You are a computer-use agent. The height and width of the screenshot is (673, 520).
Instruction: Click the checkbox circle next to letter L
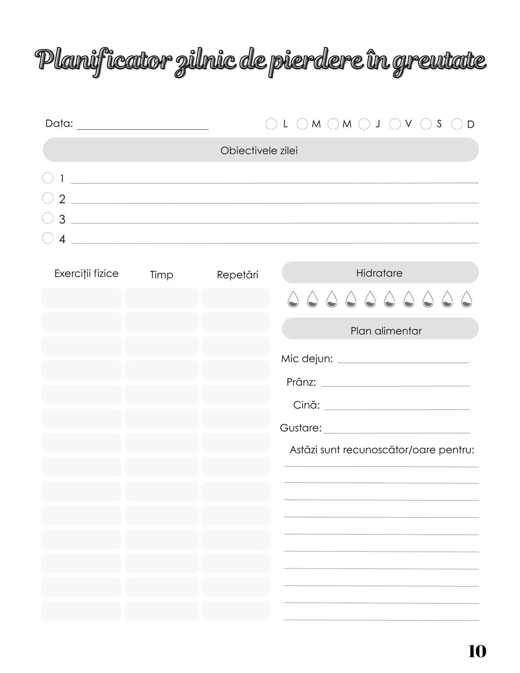pos(271,124)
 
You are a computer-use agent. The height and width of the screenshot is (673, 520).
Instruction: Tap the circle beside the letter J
pos(364,124)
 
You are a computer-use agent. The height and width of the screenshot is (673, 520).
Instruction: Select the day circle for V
pos(395,124)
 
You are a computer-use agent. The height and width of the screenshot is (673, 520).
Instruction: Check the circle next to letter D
pos(457,124)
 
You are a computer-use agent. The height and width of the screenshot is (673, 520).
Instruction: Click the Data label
pos(59,124)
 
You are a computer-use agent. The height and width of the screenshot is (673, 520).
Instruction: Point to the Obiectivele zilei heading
pos(259,150)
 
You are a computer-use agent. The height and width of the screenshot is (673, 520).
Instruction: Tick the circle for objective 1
pos(48,178)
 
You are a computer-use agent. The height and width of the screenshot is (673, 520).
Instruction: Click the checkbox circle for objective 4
pos(48,238)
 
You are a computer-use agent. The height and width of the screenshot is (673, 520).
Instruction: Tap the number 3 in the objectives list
pos(62,219)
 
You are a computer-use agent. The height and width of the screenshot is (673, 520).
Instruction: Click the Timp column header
pos(162,275)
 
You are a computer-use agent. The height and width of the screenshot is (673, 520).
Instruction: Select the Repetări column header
pos(238,275)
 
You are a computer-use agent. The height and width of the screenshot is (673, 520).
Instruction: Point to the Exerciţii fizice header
pos(86,274)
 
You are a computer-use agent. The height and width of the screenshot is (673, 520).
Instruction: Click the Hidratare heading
pos(379,273)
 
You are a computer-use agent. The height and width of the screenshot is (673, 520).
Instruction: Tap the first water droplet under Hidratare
pos(293,299)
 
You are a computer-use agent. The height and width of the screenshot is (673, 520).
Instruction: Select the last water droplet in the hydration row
pos(466,299)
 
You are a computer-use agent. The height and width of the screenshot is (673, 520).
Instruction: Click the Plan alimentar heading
pos(386,331)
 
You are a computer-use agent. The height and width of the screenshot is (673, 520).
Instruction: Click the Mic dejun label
pos(307,359)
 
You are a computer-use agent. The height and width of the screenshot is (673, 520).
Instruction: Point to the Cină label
pos(306,405)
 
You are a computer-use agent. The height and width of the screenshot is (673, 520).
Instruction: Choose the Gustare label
pos(301,428)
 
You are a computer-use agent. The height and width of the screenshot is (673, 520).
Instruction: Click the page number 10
pos(477,651)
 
